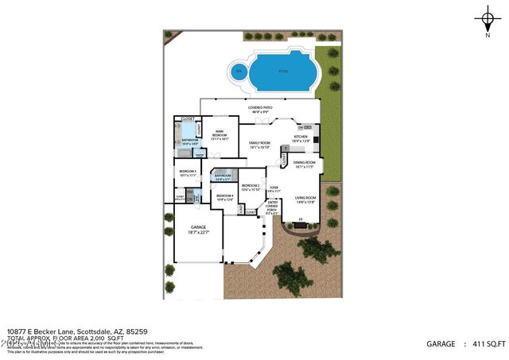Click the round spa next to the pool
click(237, 72)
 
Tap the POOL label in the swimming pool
click(284, 71)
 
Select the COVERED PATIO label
click(260, 109)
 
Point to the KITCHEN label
click(301, 138)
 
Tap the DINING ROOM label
click(305, 165)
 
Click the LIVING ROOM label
click(305, 199)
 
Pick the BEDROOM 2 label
click(251, 188)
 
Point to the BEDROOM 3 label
click(188, 172)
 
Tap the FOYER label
click(274, 189)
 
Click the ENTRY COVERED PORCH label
click(272, 207)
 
